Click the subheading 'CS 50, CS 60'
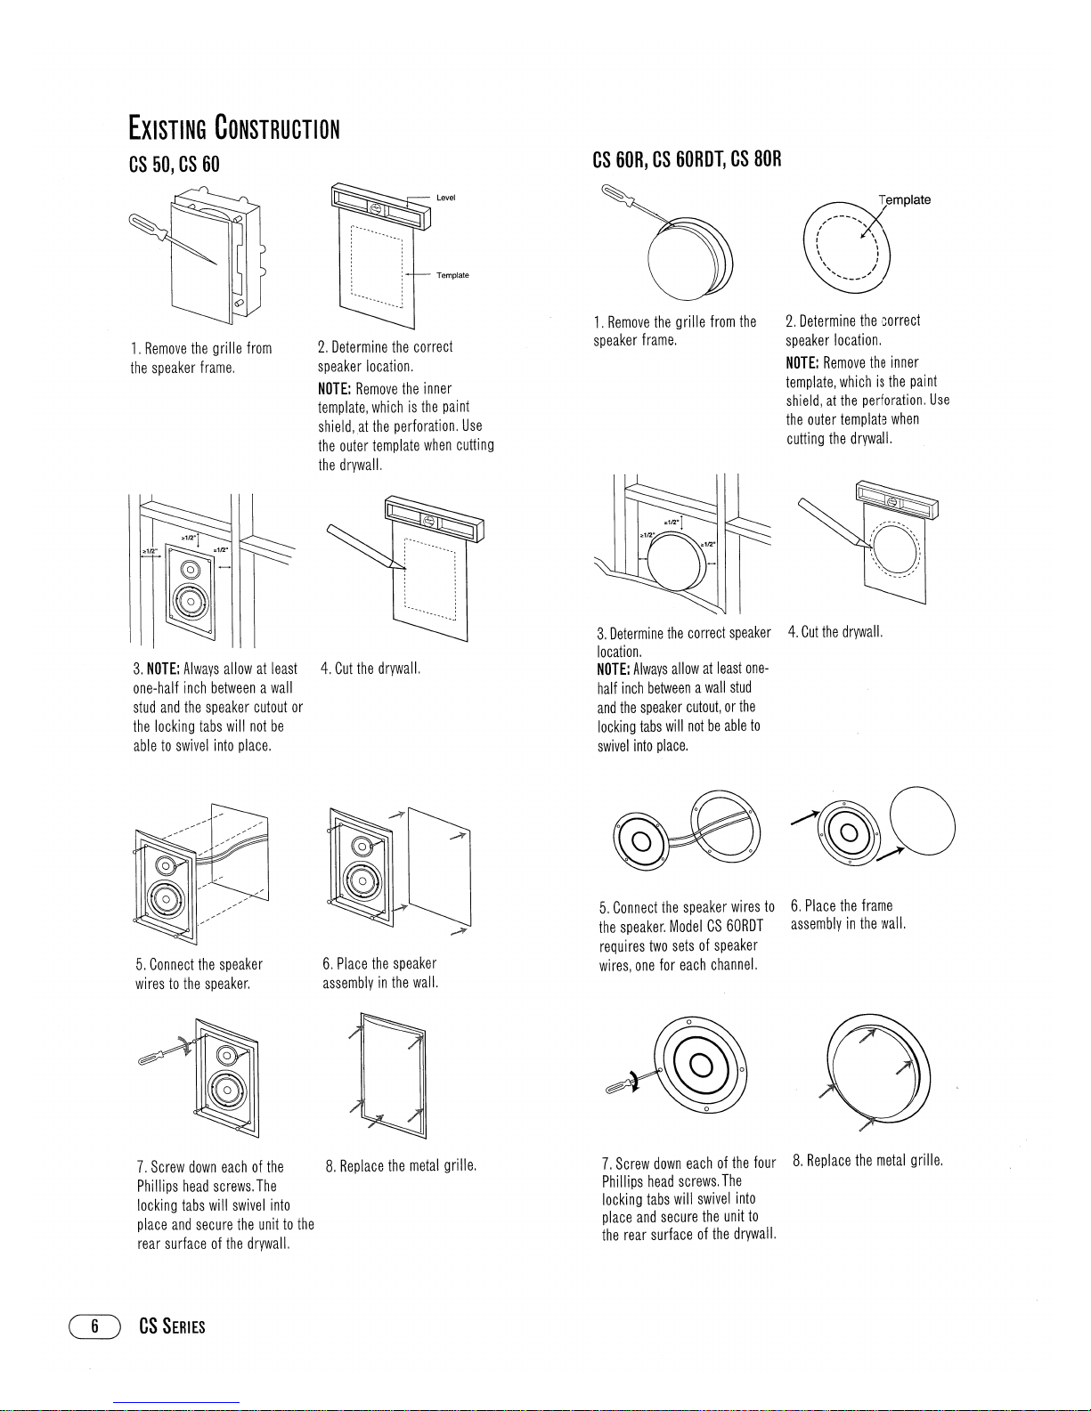175,165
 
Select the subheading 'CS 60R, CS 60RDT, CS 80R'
687,159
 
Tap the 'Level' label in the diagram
446,198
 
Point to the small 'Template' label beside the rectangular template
452,275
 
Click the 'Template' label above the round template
904,199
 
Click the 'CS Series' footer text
172,1326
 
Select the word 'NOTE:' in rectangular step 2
334,389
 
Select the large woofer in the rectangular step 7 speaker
227,1089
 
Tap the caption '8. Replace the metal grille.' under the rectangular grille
401,1165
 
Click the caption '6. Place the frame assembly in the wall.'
847,914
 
